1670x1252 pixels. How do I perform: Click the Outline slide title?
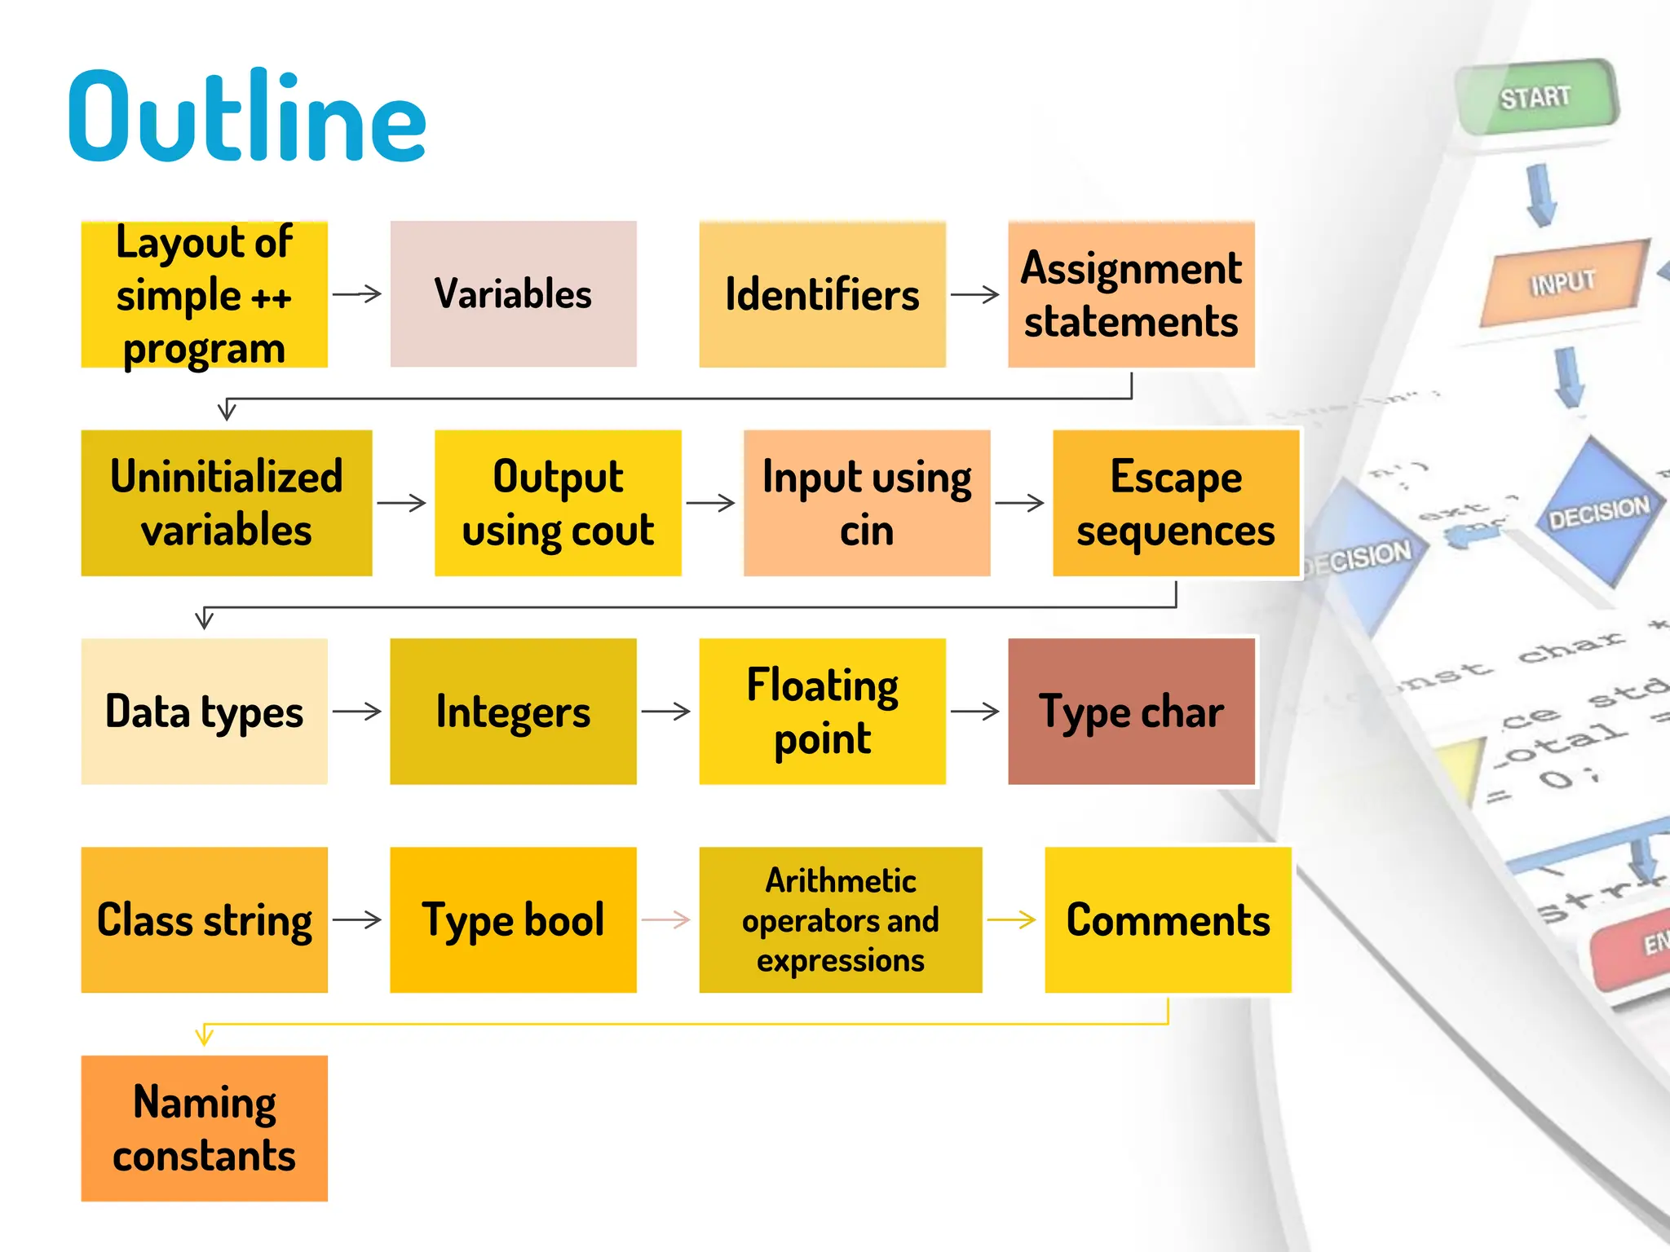point(247,117)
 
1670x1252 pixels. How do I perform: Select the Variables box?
point(513,293)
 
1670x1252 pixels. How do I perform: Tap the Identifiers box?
point(822,293)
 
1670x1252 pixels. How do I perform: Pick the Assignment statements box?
point(1131,293)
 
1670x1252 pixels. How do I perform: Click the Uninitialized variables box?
point(227,503)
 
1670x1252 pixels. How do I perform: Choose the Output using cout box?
point(558,503)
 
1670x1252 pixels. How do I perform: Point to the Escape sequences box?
point(1175,503)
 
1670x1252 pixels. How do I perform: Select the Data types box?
point(204,711)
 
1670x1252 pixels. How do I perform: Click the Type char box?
point(1131,711)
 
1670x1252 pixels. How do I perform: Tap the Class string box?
point(204,919)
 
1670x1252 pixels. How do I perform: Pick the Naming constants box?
point(204,1128)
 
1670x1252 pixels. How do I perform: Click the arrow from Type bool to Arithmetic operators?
point(666,920)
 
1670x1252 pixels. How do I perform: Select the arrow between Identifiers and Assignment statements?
point(975,294)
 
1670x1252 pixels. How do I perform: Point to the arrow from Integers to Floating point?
point(666,712)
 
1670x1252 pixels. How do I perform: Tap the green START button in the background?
point(1535,98)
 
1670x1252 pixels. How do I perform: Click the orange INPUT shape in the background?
point(1562,283)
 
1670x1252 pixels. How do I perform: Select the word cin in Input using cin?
point(867,531)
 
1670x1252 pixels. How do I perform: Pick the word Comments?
point(1168,920)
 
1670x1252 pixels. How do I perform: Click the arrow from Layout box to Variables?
point(357,294)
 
